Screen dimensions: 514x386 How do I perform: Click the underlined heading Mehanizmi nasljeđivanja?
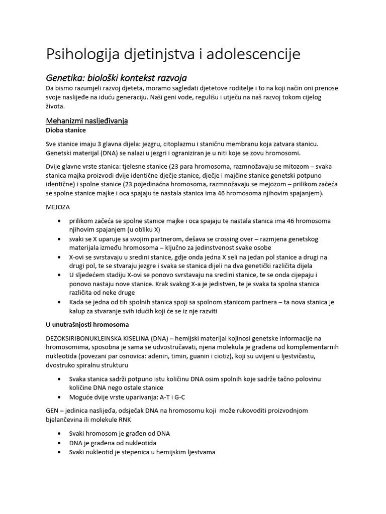87,120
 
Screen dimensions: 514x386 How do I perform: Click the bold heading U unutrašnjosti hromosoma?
87,324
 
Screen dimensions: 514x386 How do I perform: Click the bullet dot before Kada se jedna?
60,302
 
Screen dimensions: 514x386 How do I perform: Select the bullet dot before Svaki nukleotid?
60,452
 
